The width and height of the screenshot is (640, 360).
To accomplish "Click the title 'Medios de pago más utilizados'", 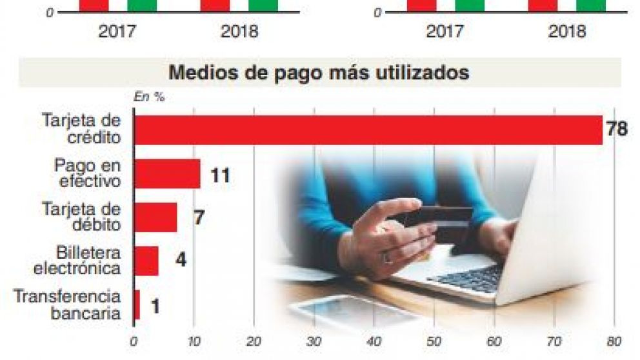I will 319,73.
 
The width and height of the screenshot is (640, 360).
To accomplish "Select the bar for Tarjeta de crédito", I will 368,130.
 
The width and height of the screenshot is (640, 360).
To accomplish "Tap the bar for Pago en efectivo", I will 167,174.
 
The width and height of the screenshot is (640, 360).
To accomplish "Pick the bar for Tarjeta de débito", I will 155,217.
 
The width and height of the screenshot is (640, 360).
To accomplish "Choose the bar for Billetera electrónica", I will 146,261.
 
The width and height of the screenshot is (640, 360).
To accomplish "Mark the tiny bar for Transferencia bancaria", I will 137,305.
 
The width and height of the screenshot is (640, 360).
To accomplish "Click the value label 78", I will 617,130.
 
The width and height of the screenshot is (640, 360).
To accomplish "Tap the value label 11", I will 220,174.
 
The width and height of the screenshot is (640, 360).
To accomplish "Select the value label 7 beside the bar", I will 199,217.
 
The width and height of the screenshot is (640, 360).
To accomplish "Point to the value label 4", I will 181,261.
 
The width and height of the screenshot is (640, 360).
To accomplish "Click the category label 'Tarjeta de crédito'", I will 81,129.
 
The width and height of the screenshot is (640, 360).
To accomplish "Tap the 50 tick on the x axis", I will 434,341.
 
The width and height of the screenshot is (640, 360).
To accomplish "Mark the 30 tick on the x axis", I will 314,341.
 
